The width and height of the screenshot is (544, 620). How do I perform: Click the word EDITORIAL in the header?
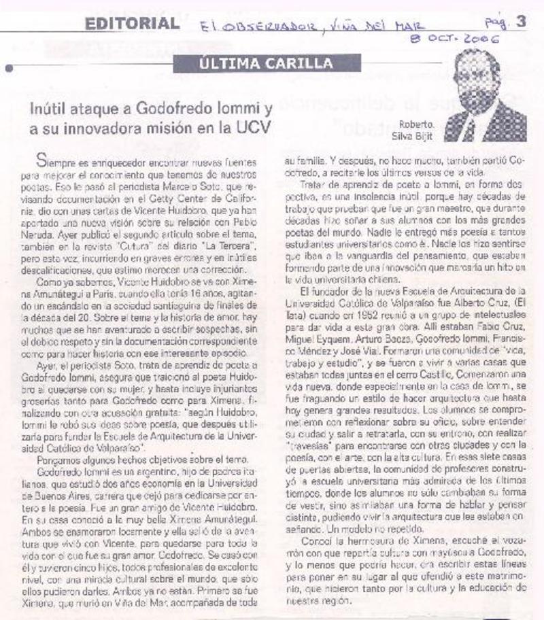[132, 24]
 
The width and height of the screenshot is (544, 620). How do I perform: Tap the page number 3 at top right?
[521, 22]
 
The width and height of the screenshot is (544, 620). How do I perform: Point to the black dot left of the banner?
[10, 69]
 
